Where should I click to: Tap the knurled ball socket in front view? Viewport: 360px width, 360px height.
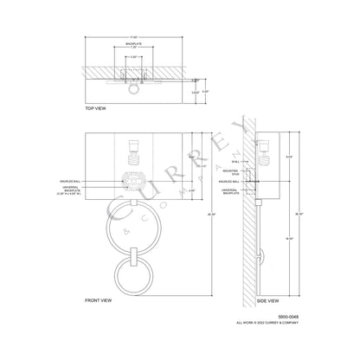point(135,185)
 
